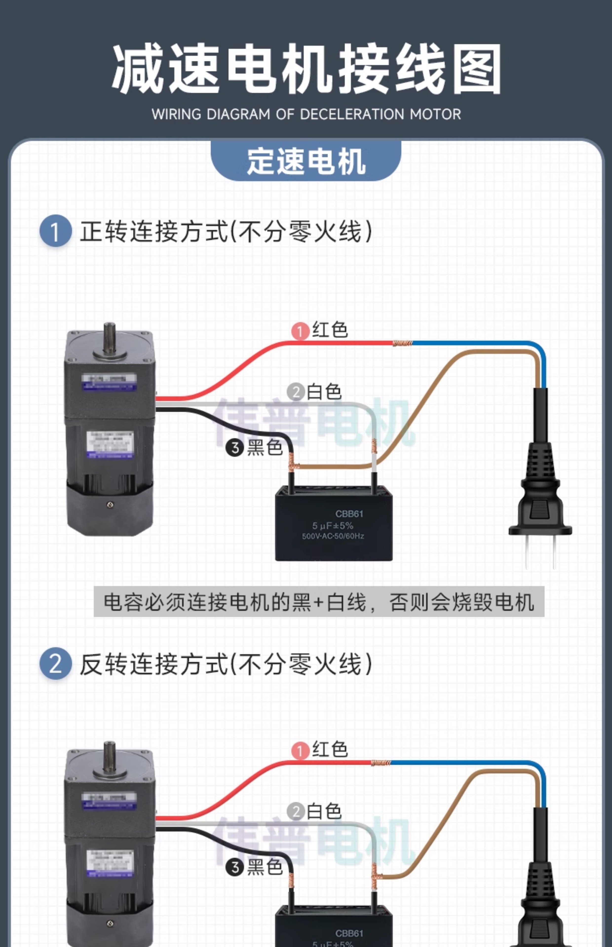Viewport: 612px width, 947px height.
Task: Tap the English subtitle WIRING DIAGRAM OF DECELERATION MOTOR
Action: click(x=306, y=114)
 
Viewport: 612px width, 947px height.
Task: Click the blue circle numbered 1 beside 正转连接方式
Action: click(x=55, y=231)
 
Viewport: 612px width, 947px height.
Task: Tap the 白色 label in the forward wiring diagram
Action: click(x=324, y=392)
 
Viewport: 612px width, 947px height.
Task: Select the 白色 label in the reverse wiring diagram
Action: click(x=324, y=811)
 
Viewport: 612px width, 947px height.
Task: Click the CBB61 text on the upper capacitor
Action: click(x=349, y=514)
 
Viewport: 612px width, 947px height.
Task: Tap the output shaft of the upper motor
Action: click(x=110, y=338)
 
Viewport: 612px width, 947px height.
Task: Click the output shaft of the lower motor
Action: click(x=110, y=756)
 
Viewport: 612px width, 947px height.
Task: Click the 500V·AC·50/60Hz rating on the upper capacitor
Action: click(x=333, y=536)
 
